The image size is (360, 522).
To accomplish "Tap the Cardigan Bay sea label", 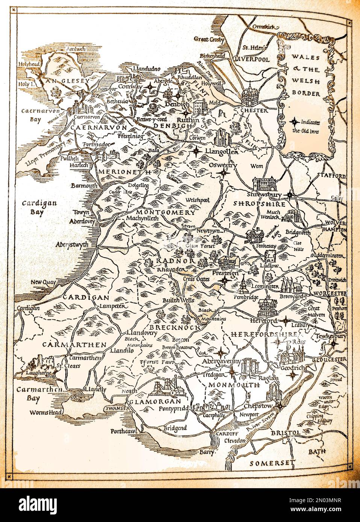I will [x=33, y=207].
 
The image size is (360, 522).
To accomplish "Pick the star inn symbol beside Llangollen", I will [x=196, y=152].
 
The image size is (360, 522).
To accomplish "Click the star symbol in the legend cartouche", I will [x=295, y=122].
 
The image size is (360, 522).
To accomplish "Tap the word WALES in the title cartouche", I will [x=299, y=58].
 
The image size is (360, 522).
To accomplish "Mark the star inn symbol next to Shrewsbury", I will [x=289, y=195].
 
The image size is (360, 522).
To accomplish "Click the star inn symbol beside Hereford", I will [x=285, y=321].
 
